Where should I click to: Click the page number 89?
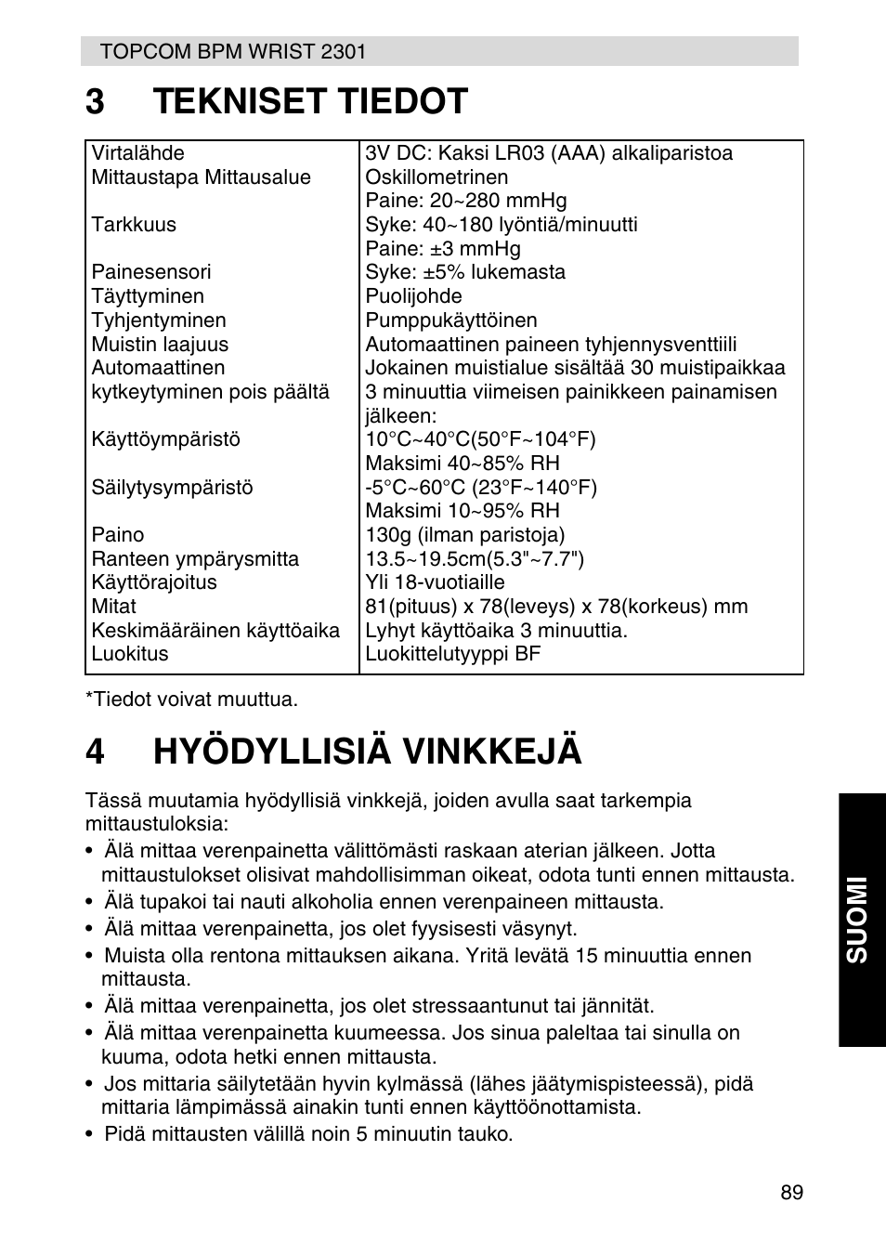click(x=791, y=1193)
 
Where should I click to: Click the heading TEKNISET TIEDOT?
click(x=310, y=101)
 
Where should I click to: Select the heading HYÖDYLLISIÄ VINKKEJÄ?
click(x=367, y=751)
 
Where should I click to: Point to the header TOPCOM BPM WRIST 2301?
click(x=233, y=52)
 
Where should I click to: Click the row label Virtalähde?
click(x=137, y=153)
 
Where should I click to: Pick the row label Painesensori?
click(x=150, y=272)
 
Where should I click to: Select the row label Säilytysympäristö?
click(x=172, y=488)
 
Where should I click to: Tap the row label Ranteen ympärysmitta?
click(x=195, y=559)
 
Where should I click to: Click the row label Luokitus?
click(x=130, y=654)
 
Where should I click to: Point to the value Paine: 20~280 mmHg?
click(x=465, y=201)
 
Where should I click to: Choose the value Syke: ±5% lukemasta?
click(x=464, y=272)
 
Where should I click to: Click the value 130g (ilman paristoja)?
click(x=464, y=535)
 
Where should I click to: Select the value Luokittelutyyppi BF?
click(x=452, y=654)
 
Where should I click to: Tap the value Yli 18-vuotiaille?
click(x=435, y=582)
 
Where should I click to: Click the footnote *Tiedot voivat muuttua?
click(x=191, y=699)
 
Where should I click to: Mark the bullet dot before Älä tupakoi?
click(x=89, y=902)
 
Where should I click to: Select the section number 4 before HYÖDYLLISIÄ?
click(x=95, y=751)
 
